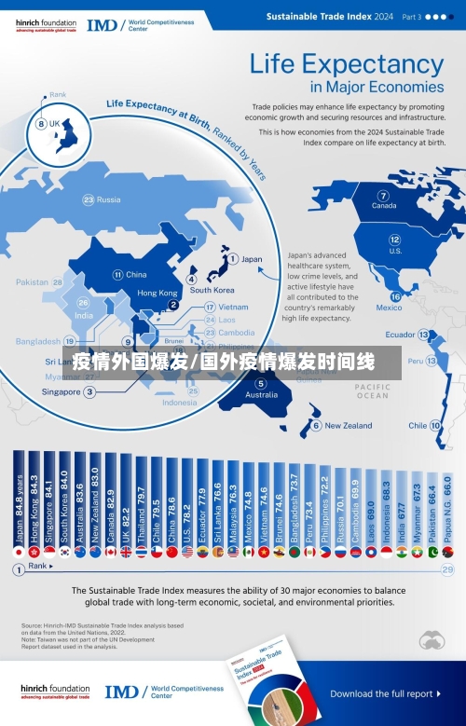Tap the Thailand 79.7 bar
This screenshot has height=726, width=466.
coord(141,500)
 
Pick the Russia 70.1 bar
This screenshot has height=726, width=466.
coord(340,503)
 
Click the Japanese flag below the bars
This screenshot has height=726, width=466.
coord(19,552)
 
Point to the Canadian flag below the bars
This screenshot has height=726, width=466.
coord(110,552)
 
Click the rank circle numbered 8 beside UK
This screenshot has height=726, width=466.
coord(41,124)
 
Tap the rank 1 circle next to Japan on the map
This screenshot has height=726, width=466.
coord(232,259)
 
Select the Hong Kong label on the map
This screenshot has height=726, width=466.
coord(157,293)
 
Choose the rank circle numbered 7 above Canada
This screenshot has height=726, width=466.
coord(383,196)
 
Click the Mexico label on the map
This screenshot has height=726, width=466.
coord(389,308)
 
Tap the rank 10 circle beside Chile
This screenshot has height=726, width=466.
coord(435,425)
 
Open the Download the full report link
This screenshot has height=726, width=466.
coord(381,693)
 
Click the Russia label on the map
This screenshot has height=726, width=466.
coord(108,199)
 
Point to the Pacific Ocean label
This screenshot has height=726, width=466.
coord(372,390)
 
